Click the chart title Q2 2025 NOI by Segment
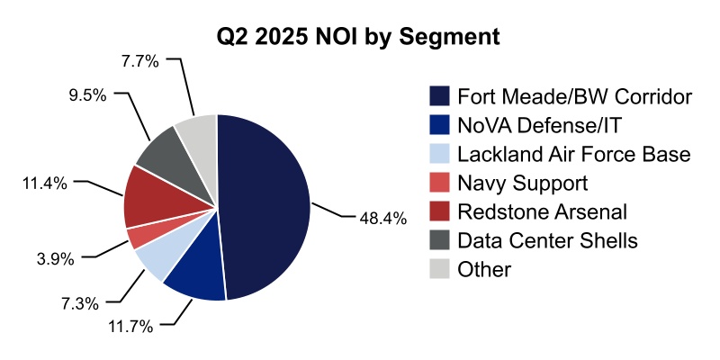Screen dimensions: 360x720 click(359, 38)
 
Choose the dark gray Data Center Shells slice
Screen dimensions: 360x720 click(162, 153)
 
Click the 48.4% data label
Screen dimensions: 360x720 click(382, 218)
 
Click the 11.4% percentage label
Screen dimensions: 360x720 click(44, 183)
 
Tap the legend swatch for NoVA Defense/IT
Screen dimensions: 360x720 click(439, 125)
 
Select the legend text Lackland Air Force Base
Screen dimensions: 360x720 click(573, 154)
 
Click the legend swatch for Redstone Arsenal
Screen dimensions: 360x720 click(439, 211)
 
